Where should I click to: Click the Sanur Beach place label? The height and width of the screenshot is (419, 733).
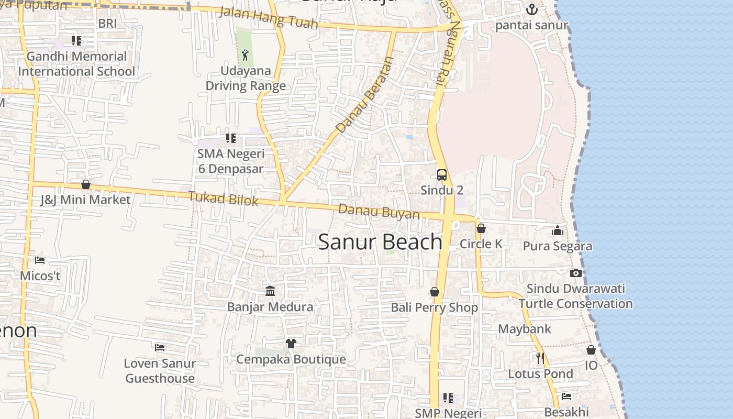point(380,242)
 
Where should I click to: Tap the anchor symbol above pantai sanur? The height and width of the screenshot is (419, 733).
point(531,9)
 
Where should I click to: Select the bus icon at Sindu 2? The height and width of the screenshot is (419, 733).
point(442,174)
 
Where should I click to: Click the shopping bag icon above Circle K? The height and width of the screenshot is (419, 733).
point(481,228)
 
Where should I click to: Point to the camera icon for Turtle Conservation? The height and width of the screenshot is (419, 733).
point(575,273)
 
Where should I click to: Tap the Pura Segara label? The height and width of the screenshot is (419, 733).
point(558,246)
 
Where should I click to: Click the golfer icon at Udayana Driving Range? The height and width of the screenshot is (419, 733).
point(245,54)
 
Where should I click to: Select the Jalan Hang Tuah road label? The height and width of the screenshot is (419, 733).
point(268,17)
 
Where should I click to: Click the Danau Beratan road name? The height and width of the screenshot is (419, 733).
point(364,95)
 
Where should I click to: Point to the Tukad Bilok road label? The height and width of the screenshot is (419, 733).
point(224,199)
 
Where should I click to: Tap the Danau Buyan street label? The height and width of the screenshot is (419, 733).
point(379,212)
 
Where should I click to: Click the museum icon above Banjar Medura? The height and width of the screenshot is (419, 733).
point(270,291)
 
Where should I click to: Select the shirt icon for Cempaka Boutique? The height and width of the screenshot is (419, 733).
point(291,344)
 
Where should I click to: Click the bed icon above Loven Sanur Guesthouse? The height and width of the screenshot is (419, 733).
point(160,347)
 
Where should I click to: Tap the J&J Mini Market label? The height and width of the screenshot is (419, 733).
point(85,200)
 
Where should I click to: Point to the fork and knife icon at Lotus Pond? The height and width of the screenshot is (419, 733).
point(540,358)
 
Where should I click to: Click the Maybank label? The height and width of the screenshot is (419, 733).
point(525,329)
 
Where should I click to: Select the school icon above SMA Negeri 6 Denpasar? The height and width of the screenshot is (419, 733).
point(231,138)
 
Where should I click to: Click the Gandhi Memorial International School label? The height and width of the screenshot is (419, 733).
point(77,64)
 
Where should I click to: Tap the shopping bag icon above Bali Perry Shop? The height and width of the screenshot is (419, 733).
point(435,292)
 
